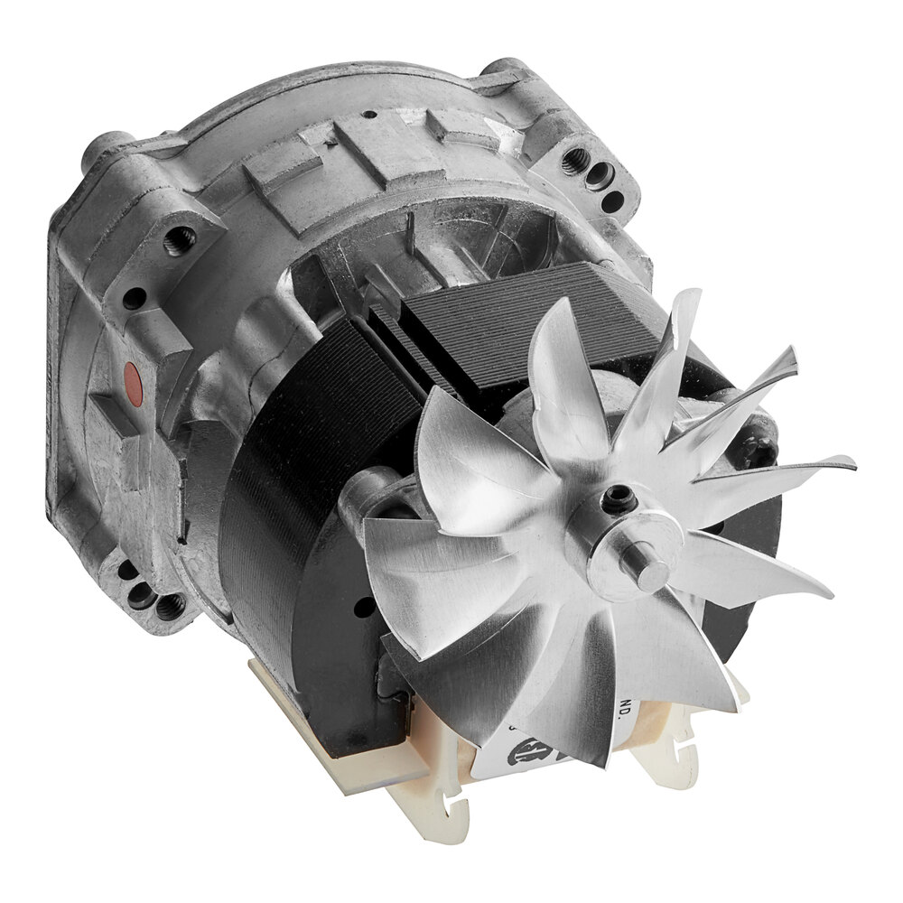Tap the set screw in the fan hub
tap(619, 495)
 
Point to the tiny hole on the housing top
tap(371, 115)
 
